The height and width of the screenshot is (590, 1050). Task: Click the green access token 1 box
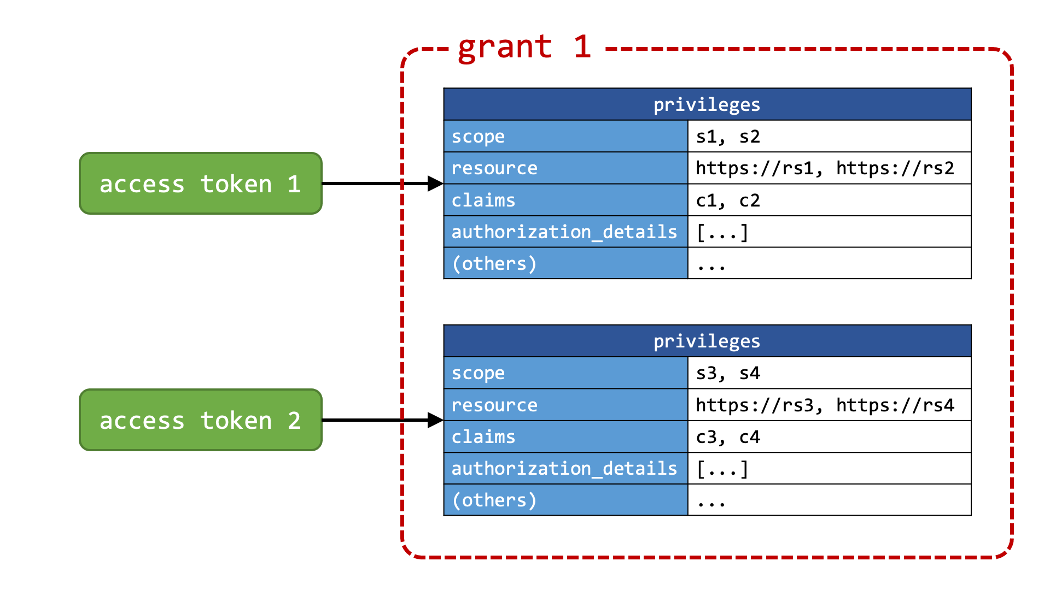click(x=201, y=184)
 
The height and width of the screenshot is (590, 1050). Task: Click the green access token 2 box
click(x=201, y=420)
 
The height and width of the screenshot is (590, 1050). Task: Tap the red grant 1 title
click(x=524, y=47)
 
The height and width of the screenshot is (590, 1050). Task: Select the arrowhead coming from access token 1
click(x=435, y=184)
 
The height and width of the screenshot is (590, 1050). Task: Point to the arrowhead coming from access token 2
click(x=435, y=420)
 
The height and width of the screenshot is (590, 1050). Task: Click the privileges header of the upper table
click(x=707, y=104)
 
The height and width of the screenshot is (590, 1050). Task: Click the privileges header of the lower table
click(x=707, y=341)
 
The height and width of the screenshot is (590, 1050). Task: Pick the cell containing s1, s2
click(x=829, y=136)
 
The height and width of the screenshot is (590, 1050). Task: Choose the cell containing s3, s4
click(x=829, y=373)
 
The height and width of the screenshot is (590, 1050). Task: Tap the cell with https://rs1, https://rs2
click(x=829, y=168)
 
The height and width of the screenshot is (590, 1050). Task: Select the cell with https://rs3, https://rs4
click(x=829, y=404)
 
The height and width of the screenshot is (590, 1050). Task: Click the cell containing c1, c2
click(x=829, y=200)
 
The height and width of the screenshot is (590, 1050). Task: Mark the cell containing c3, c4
click(x=829, y=436)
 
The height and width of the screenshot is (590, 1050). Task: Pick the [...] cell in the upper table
click(x=829, y=232)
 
